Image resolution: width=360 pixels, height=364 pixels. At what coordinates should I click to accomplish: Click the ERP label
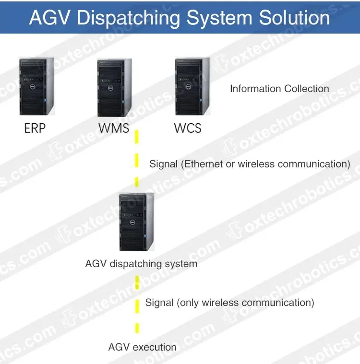[35, 129]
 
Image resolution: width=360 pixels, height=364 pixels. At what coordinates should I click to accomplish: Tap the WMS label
[114, 129]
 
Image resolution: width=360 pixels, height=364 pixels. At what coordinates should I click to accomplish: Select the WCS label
[188, 129]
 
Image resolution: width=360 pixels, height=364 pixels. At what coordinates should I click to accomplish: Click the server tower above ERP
[36, 86]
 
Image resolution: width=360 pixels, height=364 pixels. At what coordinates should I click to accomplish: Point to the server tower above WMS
[114, 88]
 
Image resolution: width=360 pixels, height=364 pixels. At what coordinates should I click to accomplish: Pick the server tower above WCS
[192, 86]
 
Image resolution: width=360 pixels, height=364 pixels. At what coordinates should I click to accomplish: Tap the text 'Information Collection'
[279, 89]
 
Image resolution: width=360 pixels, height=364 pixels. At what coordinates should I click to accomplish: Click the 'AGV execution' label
[142, 347]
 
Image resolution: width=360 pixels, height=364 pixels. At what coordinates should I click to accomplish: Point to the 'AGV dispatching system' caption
[141, 264]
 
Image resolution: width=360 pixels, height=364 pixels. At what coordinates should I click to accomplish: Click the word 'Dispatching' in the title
[129, 18]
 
